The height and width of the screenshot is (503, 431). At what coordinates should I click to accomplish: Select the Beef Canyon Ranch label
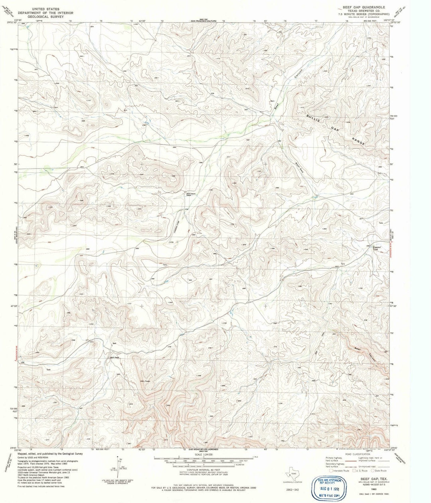pyautogui.click(x=189, y=194)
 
